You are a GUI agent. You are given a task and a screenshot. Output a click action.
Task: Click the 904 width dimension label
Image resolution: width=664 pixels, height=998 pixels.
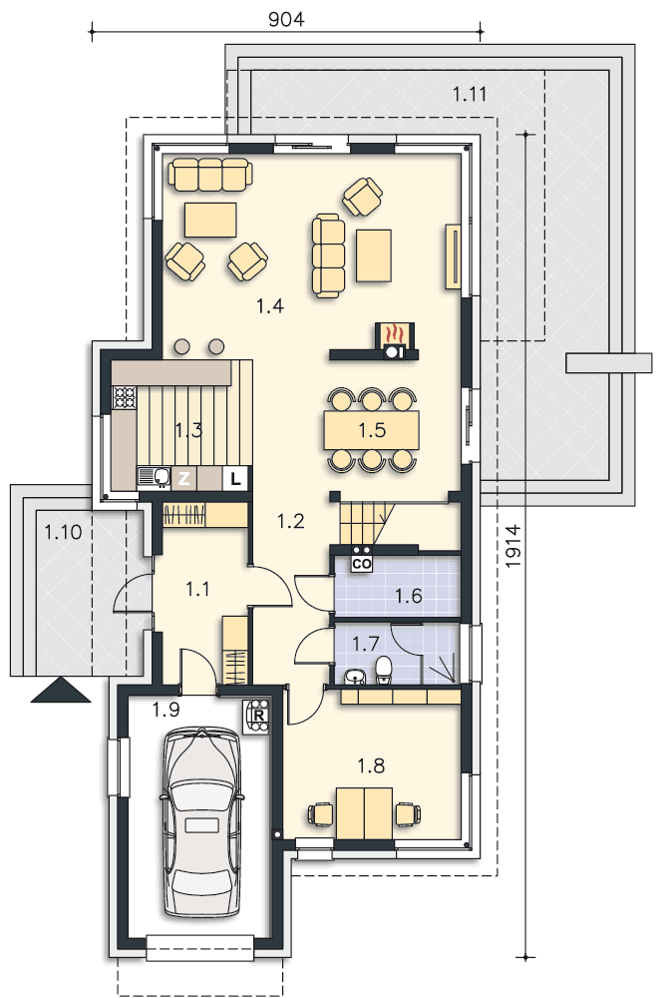[x=286, y=20]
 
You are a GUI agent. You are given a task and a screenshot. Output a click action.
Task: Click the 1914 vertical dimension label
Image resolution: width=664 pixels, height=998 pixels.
[x=513, y=546]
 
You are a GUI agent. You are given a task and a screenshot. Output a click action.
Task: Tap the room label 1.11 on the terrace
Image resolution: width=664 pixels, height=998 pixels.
[x=470, y=94]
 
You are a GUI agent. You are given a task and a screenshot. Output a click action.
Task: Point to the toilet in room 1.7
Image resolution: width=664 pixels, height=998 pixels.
[x=383, y=670]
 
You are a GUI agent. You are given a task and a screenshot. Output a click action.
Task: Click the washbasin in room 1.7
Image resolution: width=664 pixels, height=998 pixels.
[x=354, y=676]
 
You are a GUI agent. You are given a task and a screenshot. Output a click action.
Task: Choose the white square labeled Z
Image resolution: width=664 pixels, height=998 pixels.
[x=183, y=479]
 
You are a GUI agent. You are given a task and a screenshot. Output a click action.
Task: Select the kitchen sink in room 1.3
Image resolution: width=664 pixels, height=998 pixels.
[x=154, y=478]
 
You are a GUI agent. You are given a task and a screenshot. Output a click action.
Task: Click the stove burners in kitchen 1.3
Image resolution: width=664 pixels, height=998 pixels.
[x=125, y=398]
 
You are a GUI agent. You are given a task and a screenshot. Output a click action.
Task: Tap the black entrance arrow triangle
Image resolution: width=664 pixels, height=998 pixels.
[x=61, y=691]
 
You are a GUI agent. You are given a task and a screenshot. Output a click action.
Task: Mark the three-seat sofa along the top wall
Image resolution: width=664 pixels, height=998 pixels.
[x=210, y=174]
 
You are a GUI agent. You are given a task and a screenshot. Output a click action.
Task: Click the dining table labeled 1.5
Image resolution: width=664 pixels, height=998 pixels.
[x=372, y=430]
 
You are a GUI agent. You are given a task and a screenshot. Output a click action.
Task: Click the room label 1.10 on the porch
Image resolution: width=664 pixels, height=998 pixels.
[x=64, y=532]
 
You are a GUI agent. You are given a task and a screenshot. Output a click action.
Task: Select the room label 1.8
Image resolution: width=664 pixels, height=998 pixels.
[x=372, y=765]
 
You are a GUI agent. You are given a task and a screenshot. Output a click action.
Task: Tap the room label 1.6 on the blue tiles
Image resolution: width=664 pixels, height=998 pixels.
[x=409, y=597]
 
